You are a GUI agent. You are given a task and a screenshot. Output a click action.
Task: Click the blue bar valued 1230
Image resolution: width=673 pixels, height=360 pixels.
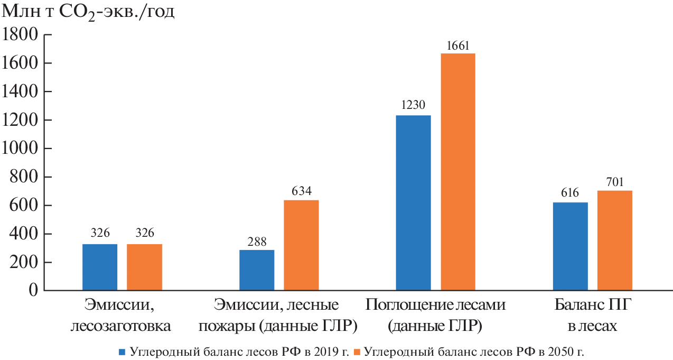point(413,203)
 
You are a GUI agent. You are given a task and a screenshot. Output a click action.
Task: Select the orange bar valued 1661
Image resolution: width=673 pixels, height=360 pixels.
point(458,172)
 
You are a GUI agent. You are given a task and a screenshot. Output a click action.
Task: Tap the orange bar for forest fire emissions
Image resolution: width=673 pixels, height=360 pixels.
point(301,245)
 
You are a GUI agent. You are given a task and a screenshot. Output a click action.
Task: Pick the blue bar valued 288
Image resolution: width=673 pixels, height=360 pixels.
point(257,270)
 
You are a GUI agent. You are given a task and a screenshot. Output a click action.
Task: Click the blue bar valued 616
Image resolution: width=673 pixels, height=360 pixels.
point(570,246)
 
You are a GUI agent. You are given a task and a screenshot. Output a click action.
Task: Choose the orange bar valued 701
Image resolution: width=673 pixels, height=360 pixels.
point(615,241)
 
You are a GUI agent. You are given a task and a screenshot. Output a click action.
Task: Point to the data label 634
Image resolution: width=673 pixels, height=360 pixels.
point(301,191)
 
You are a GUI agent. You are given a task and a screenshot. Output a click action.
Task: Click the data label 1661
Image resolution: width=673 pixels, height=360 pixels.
point(458,45)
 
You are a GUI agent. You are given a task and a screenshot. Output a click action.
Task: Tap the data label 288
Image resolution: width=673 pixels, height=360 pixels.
point(257,241)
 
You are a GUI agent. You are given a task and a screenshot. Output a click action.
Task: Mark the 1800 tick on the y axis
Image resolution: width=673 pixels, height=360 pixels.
point(20,35)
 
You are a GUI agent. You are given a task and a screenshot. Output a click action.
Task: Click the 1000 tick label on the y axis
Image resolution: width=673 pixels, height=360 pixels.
point(20,149)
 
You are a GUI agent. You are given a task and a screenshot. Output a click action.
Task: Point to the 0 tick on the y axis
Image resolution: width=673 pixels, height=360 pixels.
point(32,291)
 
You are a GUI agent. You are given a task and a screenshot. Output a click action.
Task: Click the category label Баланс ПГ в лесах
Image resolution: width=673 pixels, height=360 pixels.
point(592,315)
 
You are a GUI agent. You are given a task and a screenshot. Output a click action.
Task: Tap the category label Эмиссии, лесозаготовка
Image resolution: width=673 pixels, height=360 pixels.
point(121,315)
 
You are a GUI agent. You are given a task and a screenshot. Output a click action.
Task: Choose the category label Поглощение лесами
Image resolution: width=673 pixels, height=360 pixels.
point(435,315)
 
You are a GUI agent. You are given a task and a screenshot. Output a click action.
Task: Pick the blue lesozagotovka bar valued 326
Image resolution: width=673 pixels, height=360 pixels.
point(100,267)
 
